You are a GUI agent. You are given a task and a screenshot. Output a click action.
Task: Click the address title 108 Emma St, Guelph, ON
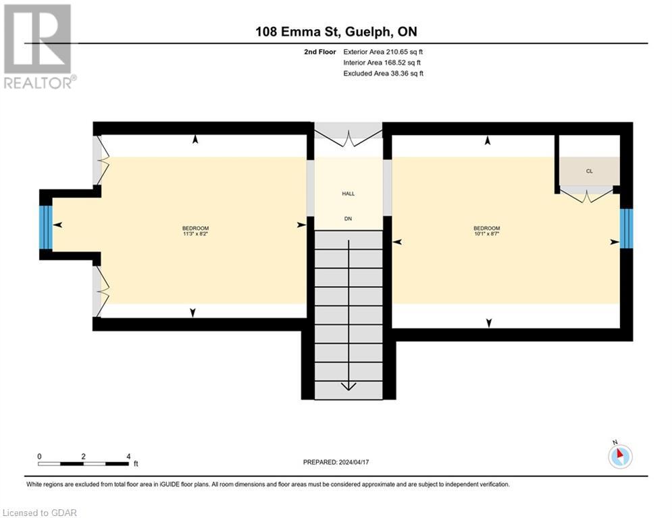click(x=341, y=32)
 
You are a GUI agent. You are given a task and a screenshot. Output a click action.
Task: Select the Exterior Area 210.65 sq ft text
click(x=383, y=51)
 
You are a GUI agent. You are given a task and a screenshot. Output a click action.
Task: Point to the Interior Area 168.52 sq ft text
click(x=383, y=62)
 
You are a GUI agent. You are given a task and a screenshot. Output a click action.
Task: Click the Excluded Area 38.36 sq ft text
click(x=383, y=73)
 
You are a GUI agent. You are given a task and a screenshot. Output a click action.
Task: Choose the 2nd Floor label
click(x=319, y=51)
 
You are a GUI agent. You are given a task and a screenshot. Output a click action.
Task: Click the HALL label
click(x=348, y=194)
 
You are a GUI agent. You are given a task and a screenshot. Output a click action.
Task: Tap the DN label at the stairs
click(x=348, y=219)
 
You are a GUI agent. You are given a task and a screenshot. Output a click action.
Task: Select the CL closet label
click(x=589, y=171)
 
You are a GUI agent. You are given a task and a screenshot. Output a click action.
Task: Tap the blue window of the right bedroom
click(x=626, y=229)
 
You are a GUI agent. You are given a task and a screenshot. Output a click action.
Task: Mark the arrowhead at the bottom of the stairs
click(x=348, y=386)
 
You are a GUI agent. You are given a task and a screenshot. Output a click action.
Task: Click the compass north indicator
click(x=619, y=455)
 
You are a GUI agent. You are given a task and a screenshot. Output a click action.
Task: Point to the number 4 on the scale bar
click(x=128, y=456)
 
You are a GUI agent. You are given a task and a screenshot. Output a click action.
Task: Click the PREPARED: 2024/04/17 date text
click(x=338, y=462)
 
